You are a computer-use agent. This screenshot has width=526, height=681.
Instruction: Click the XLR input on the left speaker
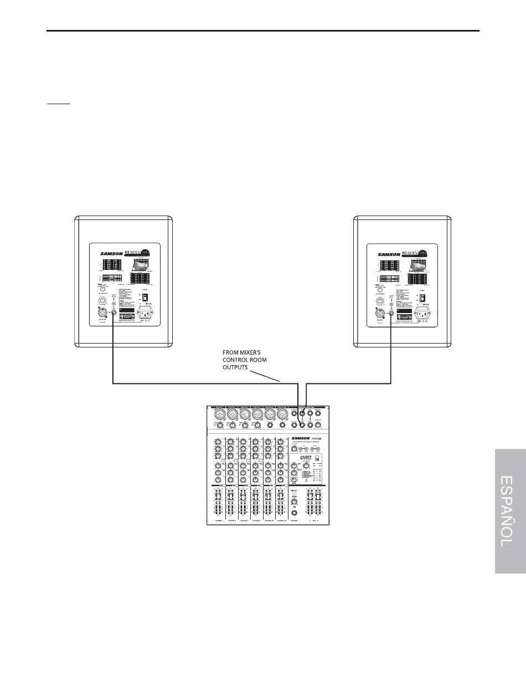tap(102, 315)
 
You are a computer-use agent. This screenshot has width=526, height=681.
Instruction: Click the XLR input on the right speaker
tap(380, 315)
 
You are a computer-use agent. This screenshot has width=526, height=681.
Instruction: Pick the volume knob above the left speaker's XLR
tap(102, 301)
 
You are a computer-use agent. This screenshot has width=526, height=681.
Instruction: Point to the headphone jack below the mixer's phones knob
tap(295, 513)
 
